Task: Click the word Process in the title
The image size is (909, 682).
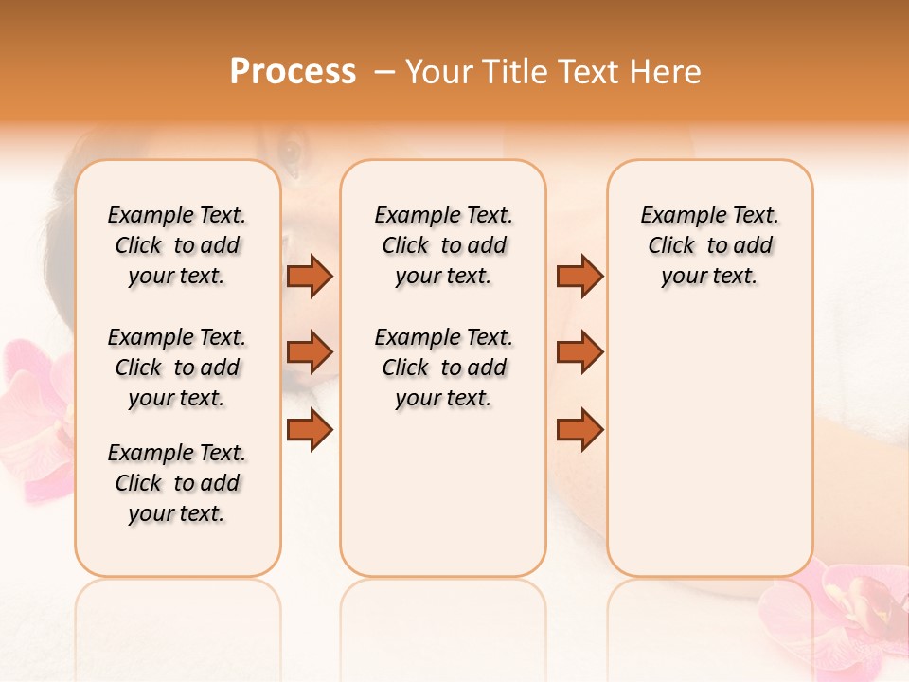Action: (x=293, y=71)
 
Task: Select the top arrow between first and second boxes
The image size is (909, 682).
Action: (x=310, y=276)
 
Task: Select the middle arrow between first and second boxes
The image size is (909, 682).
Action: (x=310, y=352)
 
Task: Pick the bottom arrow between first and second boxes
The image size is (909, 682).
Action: (x=310, y=430)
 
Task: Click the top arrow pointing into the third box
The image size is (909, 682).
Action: (x=579, y=276)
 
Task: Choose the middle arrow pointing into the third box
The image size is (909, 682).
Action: (x=579, y=352)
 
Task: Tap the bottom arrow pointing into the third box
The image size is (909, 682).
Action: (x=579, y=430)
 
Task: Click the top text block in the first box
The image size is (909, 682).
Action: (x=177, y=245)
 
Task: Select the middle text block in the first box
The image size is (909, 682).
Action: (x=177, y=368)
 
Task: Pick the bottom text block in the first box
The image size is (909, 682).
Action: (x=177, y=483)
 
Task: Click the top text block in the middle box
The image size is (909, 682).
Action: (x=443, y=245)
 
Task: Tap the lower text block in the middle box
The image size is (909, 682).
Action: (x=443, y=368)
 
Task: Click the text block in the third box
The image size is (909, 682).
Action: (x=709, y=245)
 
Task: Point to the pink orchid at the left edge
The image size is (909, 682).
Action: (x=33, y=417)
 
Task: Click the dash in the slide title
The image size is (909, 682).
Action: (x=384, y=72)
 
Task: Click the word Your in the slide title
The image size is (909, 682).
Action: (x=438, y=71)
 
